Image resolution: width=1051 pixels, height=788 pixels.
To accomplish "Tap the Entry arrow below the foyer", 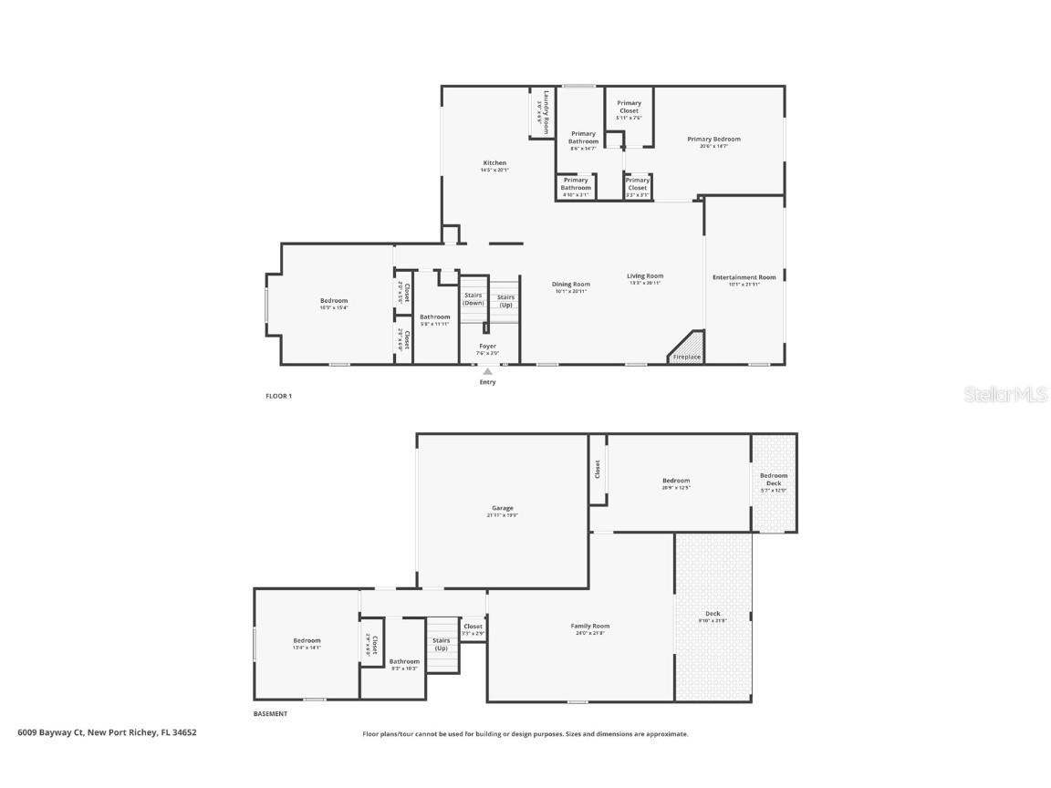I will click(487, 371).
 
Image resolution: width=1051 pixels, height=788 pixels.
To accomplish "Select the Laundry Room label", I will click(545, 112).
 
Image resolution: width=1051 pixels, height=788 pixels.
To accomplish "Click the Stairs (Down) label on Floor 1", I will click(473, 298).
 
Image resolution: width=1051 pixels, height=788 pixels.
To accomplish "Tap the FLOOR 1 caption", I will click(278, 396).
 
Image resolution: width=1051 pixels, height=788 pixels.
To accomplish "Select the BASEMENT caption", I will click(270, 714).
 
